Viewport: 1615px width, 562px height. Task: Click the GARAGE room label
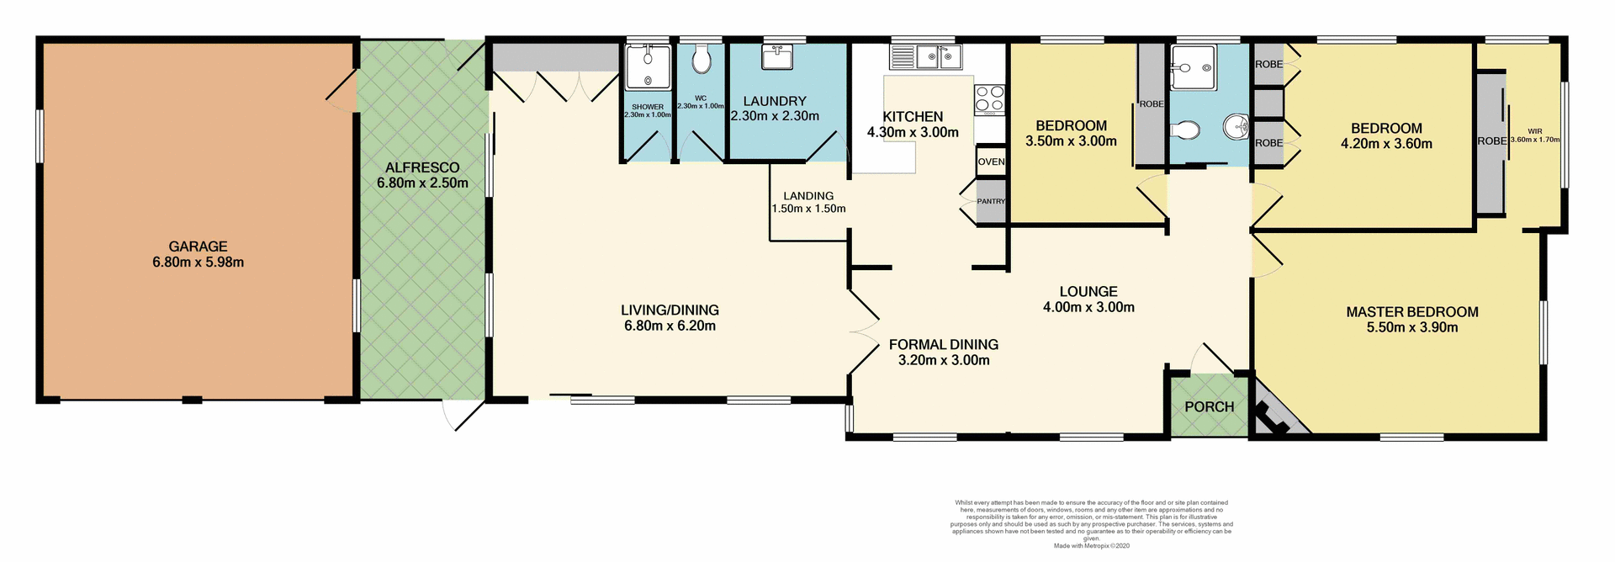(198, 247)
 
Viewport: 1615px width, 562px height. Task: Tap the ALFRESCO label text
(422, 167)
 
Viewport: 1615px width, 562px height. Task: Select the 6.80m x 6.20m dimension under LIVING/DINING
(670, 326)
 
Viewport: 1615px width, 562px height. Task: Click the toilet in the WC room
(702, 61)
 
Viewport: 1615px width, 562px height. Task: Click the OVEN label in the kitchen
(991, 162)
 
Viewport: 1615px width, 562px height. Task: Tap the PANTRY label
(991, 201)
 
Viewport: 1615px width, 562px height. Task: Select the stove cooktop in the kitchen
(989, 99)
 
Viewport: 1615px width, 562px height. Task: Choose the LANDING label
(808, 196)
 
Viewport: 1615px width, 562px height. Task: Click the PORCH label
(1209, 407)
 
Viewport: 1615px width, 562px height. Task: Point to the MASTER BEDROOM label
(1411, 312)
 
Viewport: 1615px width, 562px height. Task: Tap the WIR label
(1535, 131)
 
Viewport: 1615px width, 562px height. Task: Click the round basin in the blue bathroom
(1236, 128)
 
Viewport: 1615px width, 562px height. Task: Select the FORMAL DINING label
(943, 345)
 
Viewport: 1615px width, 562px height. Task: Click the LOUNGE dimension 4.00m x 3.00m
(1088, 308)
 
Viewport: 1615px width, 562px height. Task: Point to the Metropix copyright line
(1091, 546)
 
